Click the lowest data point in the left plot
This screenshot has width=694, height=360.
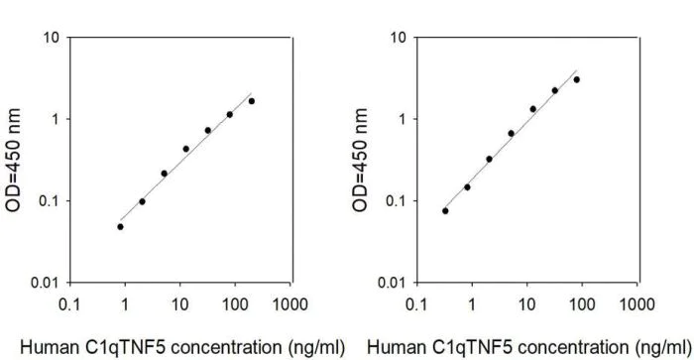pos(120,226)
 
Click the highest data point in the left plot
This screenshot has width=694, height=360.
pos(252,101)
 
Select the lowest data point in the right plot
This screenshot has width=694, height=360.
pos(445,210)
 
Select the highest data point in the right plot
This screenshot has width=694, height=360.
pos(577,79)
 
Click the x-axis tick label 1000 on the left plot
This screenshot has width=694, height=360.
pos(290,301)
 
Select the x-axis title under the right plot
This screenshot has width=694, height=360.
pos(528,346)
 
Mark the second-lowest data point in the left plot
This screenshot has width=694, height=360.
pos(142,201)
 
